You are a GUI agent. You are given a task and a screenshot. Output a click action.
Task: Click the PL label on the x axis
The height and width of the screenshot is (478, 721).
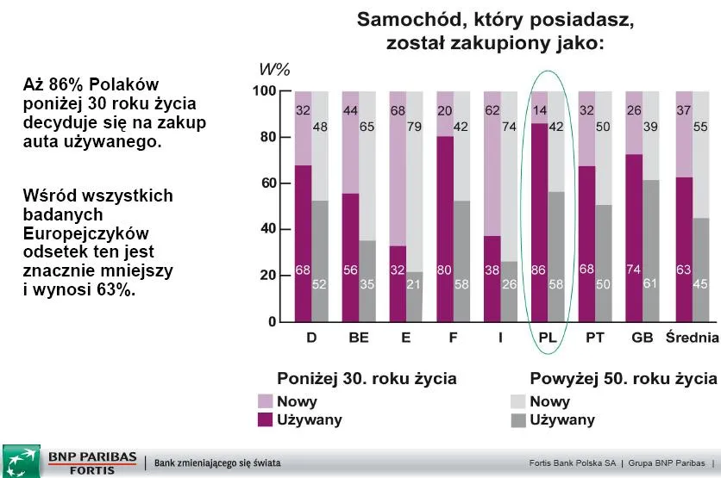coord(546,337)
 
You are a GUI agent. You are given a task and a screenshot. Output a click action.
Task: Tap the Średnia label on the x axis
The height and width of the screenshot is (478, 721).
coord(693,337)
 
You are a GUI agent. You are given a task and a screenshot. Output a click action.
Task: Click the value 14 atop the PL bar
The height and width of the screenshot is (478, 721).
coord(541,110)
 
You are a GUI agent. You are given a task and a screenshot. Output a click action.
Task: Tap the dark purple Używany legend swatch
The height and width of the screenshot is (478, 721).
coord(265,420)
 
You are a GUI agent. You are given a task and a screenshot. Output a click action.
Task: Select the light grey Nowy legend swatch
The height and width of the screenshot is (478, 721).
coord(517,401)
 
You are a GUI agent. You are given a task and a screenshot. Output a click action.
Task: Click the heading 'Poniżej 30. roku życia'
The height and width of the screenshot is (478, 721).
coord(367,379)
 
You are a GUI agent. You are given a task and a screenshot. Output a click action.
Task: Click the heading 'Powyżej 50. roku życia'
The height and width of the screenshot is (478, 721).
coord(623,379)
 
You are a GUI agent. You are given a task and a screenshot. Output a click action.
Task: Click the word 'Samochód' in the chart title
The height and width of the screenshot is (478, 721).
coord(404,20)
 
